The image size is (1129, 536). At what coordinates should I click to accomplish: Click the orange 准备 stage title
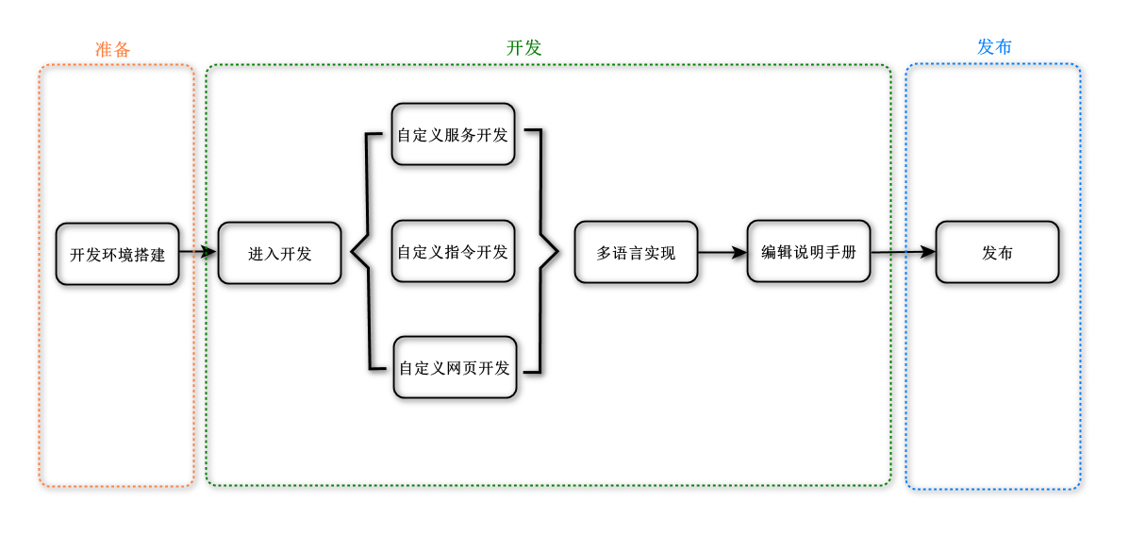tap(113, 49)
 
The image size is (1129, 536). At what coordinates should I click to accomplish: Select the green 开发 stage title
tap(524, 48)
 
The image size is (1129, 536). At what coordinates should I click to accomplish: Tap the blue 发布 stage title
tap(994, 47)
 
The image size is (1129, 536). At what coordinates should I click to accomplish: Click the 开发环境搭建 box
tap(117, 254)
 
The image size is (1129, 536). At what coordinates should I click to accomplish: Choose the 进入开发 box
tap(279, 253)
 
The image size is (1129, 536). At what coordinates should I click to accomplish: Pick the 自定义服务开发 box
tap(454, 134)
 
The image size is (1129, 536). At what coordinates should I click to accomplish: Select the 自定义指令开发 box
tap(454, 251)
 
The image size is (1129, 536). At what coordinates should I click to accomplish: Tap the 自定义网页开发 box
tap(455, 367)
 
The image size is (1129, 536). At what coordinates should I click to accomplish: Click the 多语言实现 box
tap(637, 252)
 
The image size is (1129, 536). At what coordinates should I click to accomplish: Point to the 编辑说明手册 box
tap(808, 251)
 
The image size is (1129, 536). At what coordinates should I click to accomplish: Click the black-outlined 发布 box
tap(997, 251)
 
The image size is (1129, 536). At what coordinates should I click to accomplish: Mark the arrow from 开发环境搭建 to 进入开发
tap(198, 252)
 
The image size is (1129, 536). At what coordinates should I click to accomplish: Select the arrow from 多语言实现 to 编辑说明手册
tap(722, 252)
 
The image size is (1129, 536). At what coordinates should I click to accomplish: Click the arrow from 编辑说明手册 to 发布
tap(903, 251)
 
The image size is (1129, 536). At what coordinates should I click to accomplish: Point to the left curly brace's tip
tap(352, 252)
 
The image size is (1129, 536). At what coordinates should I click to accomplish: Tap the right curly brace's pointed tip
tap(558, 251)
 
